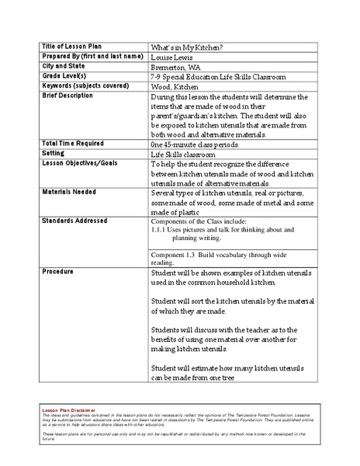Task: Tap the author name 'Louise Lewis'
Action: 171,57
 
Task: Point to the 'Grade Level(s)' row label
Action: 64,77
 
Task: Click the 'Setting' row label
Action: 54,154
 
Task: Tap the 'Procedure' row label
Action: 58,273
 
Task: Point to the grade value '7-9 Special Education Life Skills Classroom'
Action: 218,78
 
